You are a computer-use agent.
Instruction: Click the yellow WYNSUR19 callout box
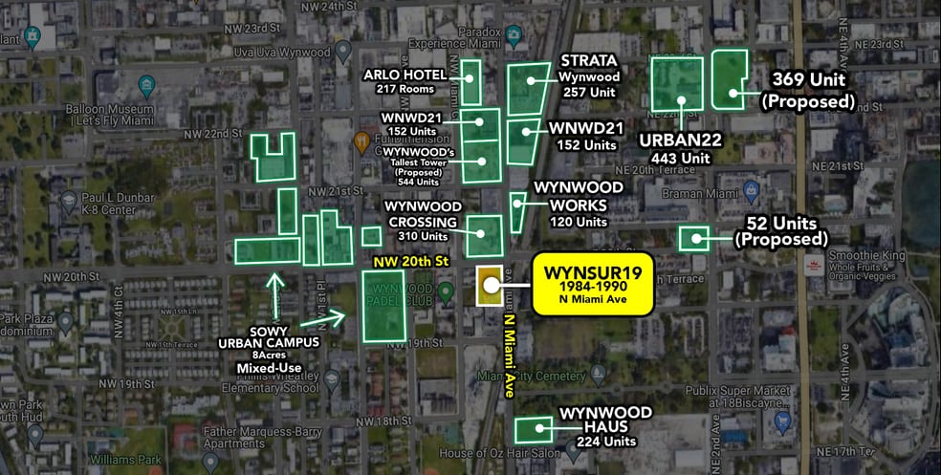pos(592,284)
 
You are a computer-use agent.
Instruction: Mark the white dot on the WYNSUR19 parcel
pos(490,284)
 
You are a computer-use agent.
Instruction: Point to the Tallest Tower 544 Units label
pos(415,166)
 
